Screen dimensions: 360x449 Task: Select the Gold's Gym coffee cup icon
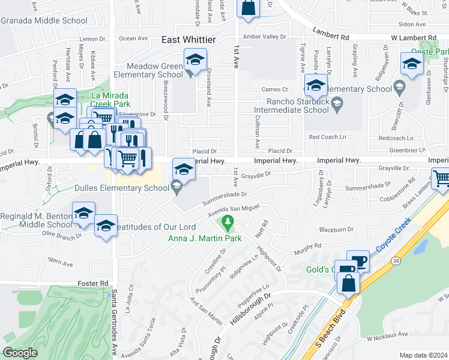pyautogui.click(x=358, y=262)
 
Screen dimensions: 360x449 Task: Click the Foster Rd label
pyautogui.click(x=92, y=283)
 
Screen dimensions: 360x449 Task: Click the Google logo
pyautogui.click(x=20, y=353)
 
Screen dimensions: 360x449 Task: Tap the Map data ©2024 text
pyautogui.click(x=423, y=355)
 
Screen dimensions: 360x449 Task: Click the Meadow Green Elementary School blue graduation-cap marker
pyautogui.click(x=195, y=59)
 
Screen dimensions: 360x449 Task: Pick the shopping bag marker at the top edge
pyautogui.click(x=248, y=8)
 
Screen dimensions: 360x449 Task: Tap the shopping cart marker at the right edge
pyautogui.click(x=441, y=178)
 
